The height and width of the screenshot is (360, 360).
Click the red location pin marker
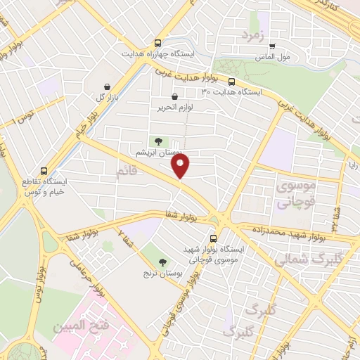click(x=181, y=166)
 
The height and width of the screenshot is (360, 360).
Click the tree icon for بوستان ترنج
click(x=163, y=262)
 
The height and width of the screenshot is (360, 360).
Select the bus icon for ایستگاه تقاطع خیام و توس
click(x=45, y=171)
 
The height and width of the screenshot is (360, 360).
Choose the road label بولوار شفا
click(x=179, y=217)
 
